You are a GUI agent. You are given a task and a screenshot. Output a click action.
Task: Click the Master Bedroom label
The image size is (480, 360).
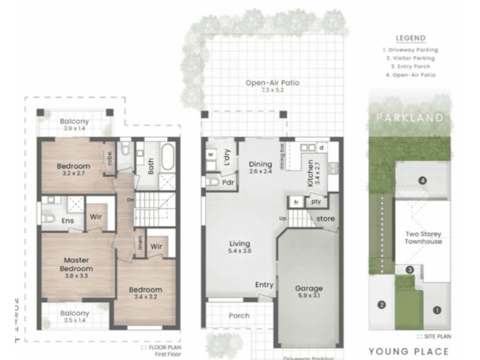(77, 265)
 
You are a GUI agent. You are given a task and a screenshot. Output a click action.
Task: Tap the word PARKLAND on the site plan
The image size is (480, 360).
(411, 118)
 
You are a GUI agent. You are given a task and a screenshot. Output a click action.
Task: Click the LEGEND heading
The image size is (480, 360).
(411, 38)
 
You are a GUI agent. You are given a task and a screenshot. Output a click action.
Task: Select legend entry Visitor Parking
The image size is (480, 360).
(411, 58)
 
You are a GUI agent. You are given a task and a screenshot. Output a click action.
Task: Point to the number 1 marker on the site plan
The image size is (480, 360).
(437, 310)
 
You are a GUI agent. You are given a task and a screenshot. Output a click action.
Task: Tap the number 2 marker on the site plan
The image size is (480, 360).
(381, 305)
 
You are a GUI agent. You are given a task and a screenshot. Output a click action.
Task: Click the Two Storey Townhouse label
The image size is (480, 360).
(422, 237)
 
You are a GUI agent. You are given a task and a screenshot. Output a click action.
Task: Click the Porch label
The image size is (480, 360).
(239, 316)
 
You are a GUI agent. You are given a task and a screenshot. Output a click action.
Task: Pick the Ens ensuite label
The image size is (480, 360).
(68, 220)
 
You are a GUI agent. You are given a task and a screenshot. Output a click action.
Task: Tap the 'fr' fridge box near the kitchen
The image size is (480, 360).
(296, 202)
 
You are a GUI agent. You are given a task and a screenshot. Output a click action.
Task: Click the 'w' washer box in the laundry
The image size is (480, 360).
(211, 154)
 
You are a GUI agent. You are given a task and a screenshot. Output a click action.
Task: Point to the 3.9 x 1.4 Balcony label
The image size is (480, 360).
(75, 125)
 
